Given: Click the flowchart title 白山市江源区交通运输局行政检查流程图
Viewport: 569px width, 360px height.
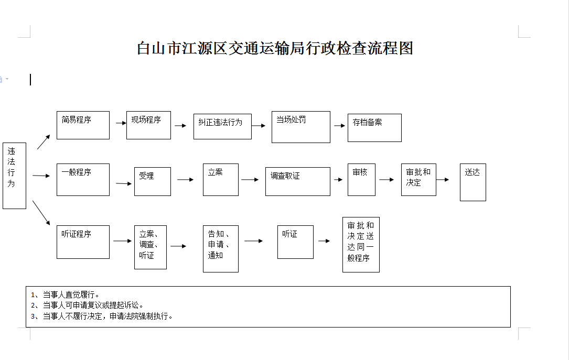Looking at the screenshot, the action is [x=275, y=48].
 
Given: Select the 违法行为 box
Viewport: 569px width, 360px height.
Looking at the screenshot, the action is [x=15, y=176].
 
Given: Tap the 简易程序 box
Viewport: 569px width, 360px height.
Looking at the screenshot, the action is [x=83, y=125].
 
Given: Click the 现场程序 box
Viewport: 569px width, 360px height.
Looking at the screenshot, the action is [x=148, y=125].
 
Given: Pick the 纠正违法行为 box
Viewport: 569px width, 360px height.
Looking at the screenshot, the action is [x=222, y=126].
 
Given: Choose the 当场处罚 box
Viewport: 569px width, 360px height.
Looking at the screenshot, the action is [x=301, y=127].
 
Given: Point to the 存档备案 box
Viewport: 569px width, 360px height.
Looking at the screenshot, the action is [x=374, y=128].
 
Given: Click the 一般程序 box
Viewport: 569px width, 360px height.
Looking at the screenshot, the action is [x=83, y=179].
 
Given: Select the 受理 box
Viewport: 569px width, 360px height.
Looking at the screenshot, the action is [x=153, y=181].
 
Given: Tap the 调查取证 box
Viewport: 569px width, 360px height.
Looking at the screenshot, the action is [x=298, y=181].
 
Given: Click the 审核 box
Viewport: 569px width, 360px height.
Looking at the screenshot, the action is [x=361, y=179].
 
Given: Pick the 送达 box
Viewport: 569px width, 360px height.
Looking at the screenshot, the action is [x=473, y=182].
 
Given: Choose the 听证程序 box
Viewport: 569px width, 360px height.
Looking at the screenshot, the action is [x=83, y=242].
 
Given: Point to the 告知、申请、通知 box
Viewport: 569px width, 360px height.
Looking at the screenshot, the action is [x=221, y=249].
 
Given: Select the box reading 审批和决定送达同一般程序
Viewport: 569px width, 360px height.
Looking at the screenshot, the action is [x=361, y=244].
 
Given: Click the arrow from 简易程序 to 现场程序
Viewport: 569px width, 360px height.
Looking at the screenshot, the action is [x=121, y=123].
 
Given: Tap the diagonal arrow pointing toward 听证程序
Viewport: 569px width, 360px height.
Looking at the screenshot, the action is [x=41, y=213].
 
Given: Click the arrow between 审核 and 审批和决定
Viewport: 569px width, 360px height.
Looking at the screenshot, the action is [x=387, y=179].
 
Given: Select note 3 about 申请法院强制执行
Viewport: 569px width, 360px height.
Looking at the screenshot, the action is [x=102, y=316].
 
